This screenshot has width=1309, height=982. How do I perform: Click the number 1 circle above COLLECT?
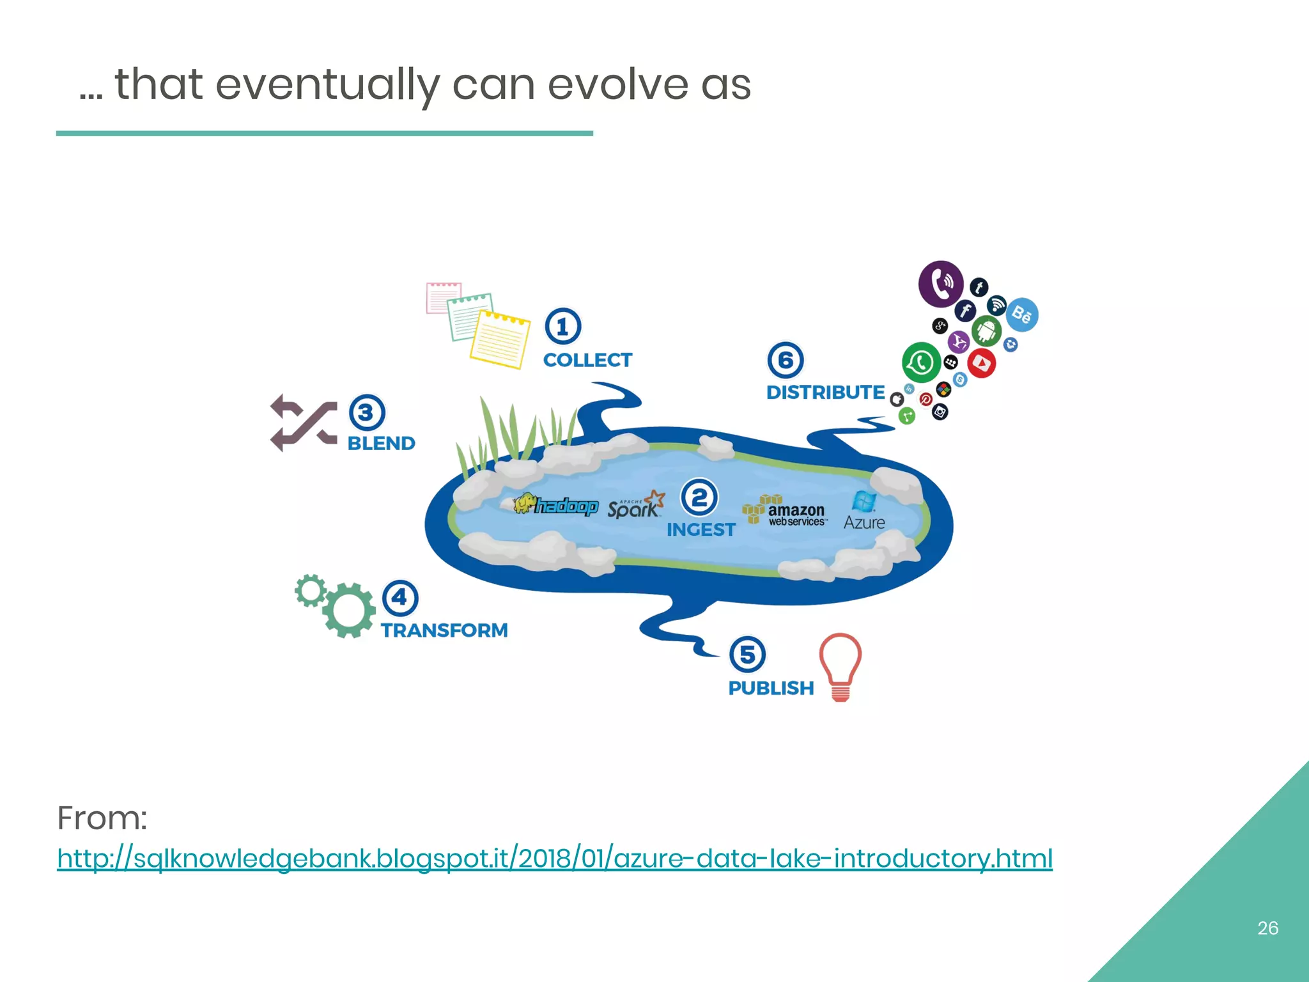pos(562,327)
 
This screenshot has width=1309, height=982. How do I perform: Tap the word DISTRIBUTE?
pos(825,392)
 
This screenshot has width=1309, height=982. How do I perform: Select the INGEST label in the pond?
pos(701,529)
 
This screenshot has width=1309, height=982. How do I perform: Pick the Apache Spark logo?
pos(635,505)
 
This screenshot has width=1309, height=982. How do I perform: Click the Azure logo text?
pos(864,522)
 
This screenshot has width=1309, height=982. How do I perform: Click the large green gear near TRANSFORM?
pos(349,610)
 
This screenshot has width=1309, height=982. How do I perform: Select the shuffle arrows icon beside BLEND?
pos(303,422)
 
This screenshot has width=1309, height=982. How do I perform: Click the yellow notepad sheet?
pos(500,339)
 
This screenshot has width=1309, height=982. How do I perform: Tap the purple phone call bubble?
pos(941,283)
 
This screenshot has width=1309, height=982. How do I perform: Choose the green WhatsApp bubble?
pos(920,362)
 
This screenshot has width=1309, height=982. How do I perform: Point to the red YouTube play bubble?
pos(981,363)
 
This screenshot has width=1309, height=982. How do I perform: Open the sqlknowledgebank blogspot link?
pos(554,858)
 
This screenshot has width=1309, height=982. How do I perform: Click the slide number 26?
pos(1267,928)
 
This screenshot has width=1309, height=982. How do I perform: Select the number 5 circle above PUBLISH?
pos(747,654)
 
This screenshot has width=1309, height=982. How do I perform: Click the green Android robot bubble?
pos(986,331)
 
